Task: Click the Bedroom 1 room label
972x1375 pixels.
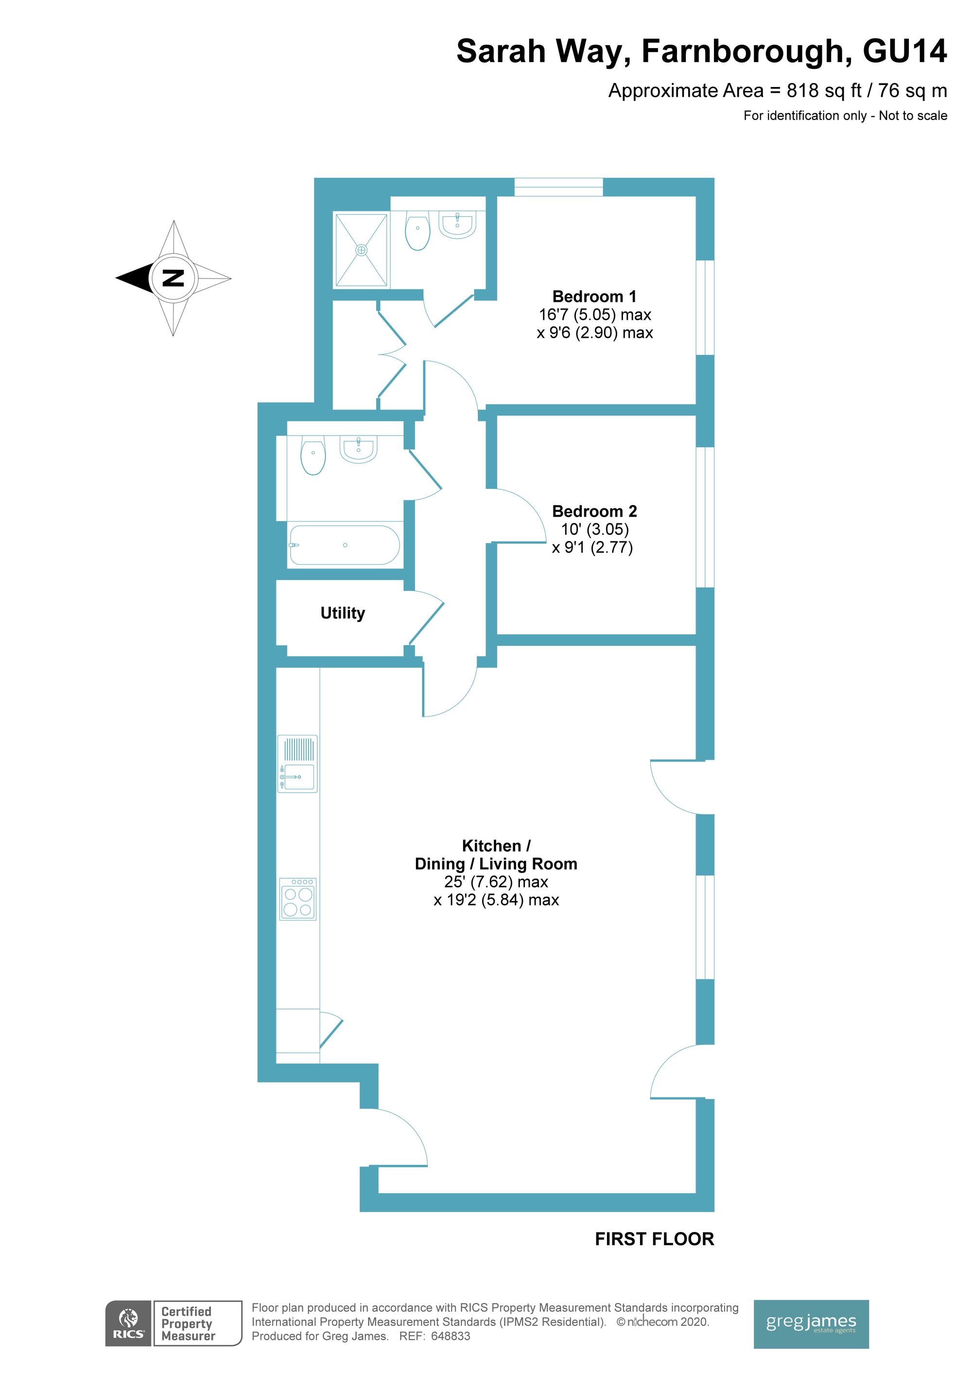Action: click(594, 296)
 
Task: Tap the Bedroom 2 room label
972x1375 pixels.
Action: click(594, 511)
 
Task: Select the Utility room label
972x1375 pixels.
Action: click(343, 613)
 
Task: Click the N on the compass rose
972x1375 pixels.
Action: click(173, 278)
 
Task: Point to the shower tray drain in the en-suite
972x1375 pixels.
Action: click(362, 250)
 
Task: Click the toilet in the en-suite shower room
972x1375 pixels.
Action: click(417, 230)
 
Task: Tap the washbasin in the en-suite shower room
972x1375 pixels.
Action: click(457, 225)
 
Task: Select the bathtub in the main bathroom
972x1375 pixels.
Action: click(345, 545)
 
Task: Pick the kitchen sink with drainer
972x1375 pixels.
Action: click(297, 764)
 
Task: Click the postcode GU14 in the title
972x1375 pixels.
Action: click(904, 51)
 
